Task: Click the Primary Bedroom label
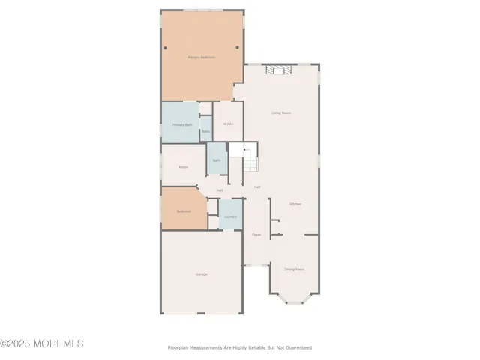tap(201, 58)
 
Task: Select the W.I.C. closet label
tap(228, 124)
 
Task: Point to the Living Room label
tap(281, 113)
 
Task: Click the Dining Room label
tap(294, 268)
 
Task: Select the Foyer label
tap(256, 235)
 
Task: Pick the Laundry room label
tap(230, 217)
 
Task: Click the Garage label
tap(202, 274)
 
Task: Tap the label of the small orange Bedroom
tap(183, 212)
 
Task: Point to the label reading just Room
tap(183, 167)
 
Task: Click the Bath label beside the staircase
tap(216, 160)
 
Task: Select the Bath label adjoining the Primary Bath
tap(205, 132)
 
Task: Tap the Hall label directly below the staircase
tap(257, 187)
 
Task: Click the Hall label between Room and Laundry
tap(220, 190)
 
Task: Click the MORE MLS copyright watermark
tap(42, 344)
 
